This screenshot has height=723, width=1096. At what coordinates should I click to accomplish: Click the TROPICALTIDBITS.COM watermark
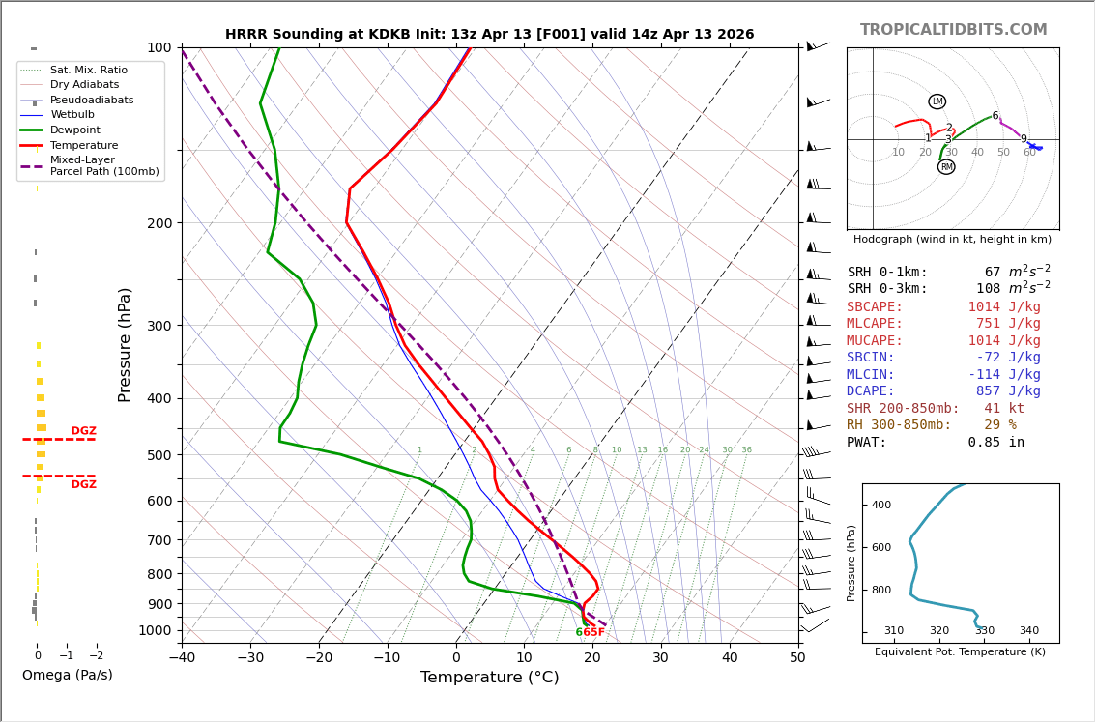953,30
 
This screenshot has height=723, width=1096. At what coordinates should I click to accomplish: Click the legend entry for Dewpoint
74,130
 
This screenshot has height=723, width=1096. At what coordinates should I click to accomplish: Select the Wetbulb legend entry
72,115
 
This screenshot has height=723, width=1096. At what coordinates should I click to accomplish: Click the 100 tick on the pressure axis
159,48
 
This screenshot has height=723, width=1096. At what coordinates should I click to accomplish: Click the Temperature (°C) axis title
489,678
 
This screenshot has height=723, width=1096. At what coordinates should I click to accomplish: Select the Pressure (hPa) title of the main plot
125,344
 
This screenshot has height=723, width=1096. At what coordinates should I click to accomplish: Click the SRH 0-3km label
887,289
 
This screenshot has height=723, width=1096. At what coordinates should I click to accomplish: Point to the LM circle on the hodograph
937,101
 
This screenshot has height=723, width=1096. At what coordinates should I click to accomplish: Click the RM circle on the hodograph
946,167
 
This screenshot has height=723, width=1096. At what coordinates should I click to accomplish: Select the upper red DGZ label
83,431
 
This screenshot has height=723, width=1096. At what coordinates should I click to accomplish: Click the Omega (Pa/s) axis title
67,676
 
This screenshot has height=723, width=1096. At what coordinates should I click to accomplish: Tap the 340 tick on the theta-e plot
1028,631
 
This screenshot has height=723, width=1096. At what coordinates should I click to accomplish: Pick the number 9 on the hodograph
1024,139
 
